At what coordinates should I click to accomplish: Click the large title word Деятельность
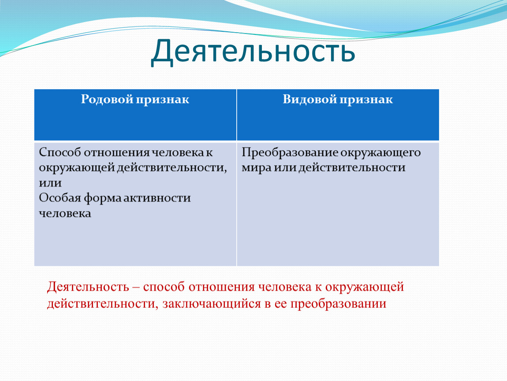(x=253, y=52)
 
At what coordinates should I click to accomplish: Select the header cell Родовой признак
(x=135, y=115)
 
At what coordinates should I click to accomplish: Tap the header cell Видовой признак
(x=338, y=115)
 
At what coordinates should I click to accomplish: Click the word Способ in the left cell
(x=60, y=153)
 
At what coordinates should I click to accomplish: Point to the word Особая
(x=60, y=198)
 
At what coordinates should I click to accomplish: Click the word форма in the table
(x=102, y=198)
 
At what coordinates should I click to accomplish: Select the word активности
(x=157, y=198)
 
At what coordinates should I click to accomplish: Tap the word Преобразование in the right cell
(x=289, y=153)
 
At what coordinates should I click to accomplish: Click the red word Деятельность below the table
(x=88, y=287)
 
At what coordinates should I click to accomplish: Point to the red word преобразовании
(x=338, y=304)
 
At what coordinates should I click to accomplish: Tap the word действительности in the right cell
(x=352, y=168)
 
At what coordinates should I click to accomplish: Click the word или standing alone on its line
(x=50, y=183)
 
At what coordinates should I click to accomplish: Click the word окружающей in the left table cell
(x=76, y=168)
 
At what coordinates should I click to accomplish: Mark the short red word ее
(x=281, y=304)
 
